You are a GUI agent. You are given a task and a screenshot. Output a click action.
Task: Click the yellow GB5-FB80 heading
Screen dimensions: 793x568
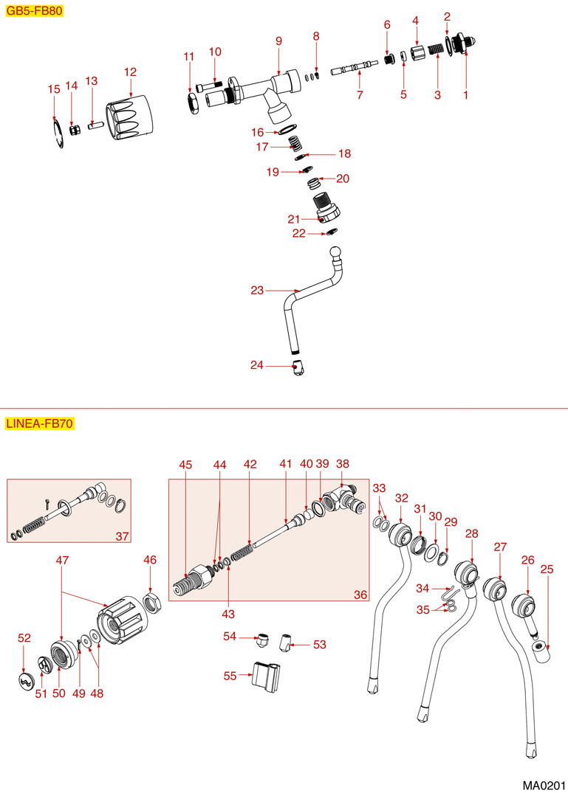tap(33, 12)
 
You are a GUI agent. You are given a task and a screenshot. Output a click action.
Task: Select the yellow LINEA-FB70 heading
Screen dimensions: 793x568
tap(39, 423)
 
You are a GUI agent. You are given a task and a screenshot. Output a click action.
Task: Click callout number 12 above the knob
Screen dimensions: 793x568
tap(131, 72)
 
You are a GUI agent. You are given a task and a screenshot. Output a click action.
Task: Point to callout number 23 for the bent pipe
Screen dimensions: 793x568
tap(257, 291)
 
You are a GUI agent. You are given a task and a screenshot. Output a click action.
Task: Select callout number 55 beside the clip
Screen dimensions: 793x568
tap(230, 674)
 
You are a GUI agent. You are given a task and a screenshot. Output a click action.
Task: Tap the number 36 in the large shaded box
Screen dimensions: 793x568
tap(360, 594)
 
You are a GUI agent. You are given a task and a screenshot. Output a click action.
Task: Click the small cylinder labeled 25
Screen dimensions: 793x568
tap(542, 651)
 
